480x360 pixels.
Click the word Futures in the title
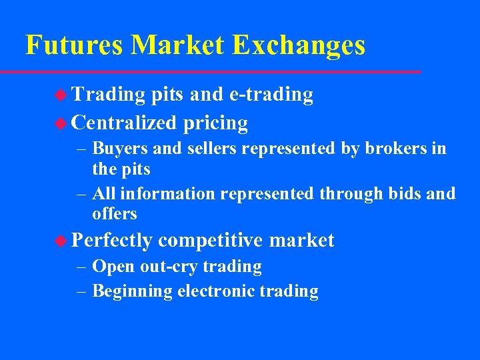tap(74, 45)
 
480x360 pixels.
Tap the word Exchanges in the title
tap(299, 45)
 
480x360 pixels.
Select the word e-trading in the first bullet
tap(271, 95)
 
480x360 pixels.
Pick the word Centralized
tap(124, 123)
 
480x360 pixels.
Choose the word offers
tap(115, 214)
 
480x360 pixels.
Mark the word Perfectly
tap(112, 240)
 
